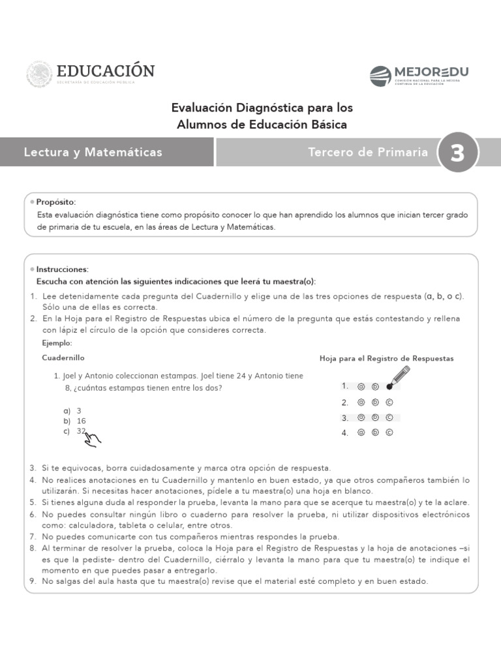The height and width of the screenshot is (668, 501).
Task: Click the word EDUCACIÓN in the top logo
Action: pyautogui.click(x=106, y=70)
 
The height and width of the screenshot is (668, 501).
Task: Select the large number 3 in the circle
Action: pyautogui.click(x=457, y=153)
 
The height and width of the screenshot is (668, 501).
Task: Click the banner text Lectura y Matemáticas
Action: pyautogui.click(x=93, y=153)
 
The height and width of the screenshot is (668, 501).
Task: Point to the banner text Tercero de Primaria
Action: pyautogui.click(x=368, y=153)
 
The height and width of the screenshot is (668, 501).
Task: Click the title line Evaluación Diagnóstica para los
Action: pyautogui.click(x=262, y=107)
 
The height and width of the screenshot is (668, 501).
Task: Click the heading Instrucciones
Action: pyautogui.click(x=62, y=269)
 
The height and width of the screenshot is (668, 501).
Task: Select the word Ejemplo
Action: pyautogui.click(x=57, y=343)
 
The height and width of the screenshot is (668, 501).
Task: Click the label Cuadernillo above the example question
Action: pyautogui.click(x=63, y=358)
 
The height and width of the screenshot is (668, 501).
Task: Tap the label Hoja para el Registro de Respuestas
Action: pyautogui.click(x=386, y=359)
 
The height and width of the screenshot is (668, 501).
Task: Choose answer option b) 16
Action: pyautogui.click(x=76, y=421)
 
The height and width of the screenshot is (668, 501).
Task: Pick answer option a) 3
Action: pyautogui.click(x=73, y=411)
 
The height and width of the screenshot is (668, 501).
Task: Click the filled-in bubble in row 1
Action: pyautogui.click(x=389, y=386)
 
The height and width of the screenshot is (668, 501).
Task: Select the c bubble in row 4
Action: pyautogui.click(x=389, y=433)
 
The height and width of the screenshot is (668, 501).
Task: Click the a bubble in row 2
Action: pyautogui.click(x=361, y=402)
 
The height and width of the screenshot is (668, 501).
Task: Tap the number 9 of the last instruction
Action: pyautogui.click(x=32, y=581)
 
